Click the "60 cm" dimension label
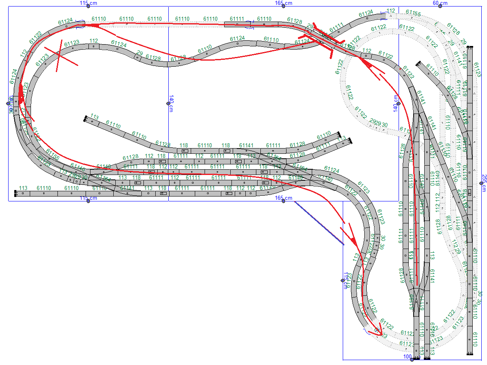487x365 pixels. click(440, 3)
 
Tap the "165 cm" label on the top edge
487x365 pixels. click(283, 3)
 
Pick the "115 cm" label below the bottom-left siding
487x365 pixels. click(88, 198)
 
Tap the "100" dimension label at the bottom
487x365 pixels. click(407, 357)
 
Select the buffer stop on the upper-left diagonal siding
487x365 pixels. click(86, 119)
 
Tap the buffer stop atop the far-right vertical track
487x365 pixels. click(470, 48)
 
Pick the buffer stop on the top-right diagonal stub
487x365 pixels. click(418, 63)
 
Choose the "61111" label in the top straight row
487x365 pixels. click(237, 19)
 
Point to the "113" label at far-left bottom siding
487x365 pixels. click(23, 188)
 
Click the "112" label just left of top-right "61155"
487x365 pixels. click(391, 11)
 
